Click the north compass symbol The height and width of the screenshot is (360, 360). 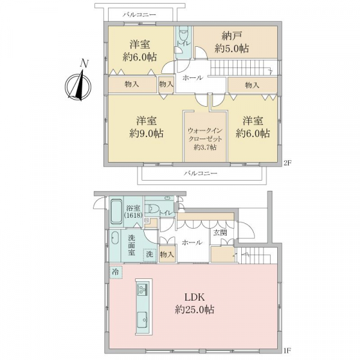[78, 85]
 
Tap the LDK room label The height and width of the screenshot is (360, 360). [195, 298]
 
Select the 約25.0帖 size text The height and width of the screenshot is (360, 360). [194, 310]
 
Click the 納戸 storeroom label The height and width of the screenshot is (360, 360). [232, 37]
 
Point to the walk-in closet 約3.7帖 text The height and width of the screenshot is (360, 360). [205, 147]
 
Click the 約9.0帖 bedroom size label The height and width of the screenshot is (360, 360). [146, 133]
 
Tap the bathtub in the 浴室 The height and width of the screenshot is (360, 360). [116, 212]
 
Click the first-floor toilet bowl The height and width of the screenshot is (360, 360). [153, 209]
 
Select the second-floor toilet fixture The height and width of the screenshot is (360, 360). [183, 32]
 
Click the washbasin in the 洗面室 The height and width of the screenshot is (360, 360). [115, 239]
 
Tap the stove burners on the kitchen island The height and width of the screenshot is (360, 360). [142, 289]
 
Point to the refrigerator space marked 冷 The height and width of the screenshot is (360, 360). [116, 272]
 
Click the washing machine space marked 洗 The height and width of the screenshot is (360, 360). [150, 255]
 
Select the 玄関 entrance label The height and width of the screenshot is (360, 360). [220, 233]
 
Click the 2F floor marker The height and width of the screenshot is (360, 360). [287, 163]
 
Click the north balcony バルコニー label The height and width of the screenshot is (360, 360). [139, 15]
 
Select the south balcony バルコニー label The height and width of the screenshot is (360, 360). [200, 173]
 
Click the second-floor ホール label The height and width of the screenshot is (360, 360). [193, 78]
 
